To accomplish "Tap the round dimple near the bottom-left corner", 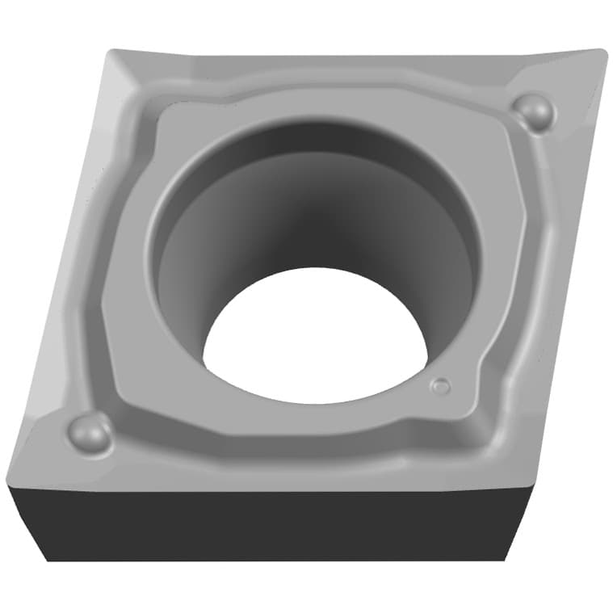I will click(x=89, y=433).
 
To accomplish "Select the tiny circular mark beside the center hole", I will click(x=440, y=386).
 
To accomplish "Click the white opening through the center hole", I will click(x=315, y=339).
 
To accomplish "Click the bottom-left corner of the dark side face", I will click(x=47, y=560).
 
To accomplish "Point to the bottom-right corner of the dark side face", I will click(x=506, y=559).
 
